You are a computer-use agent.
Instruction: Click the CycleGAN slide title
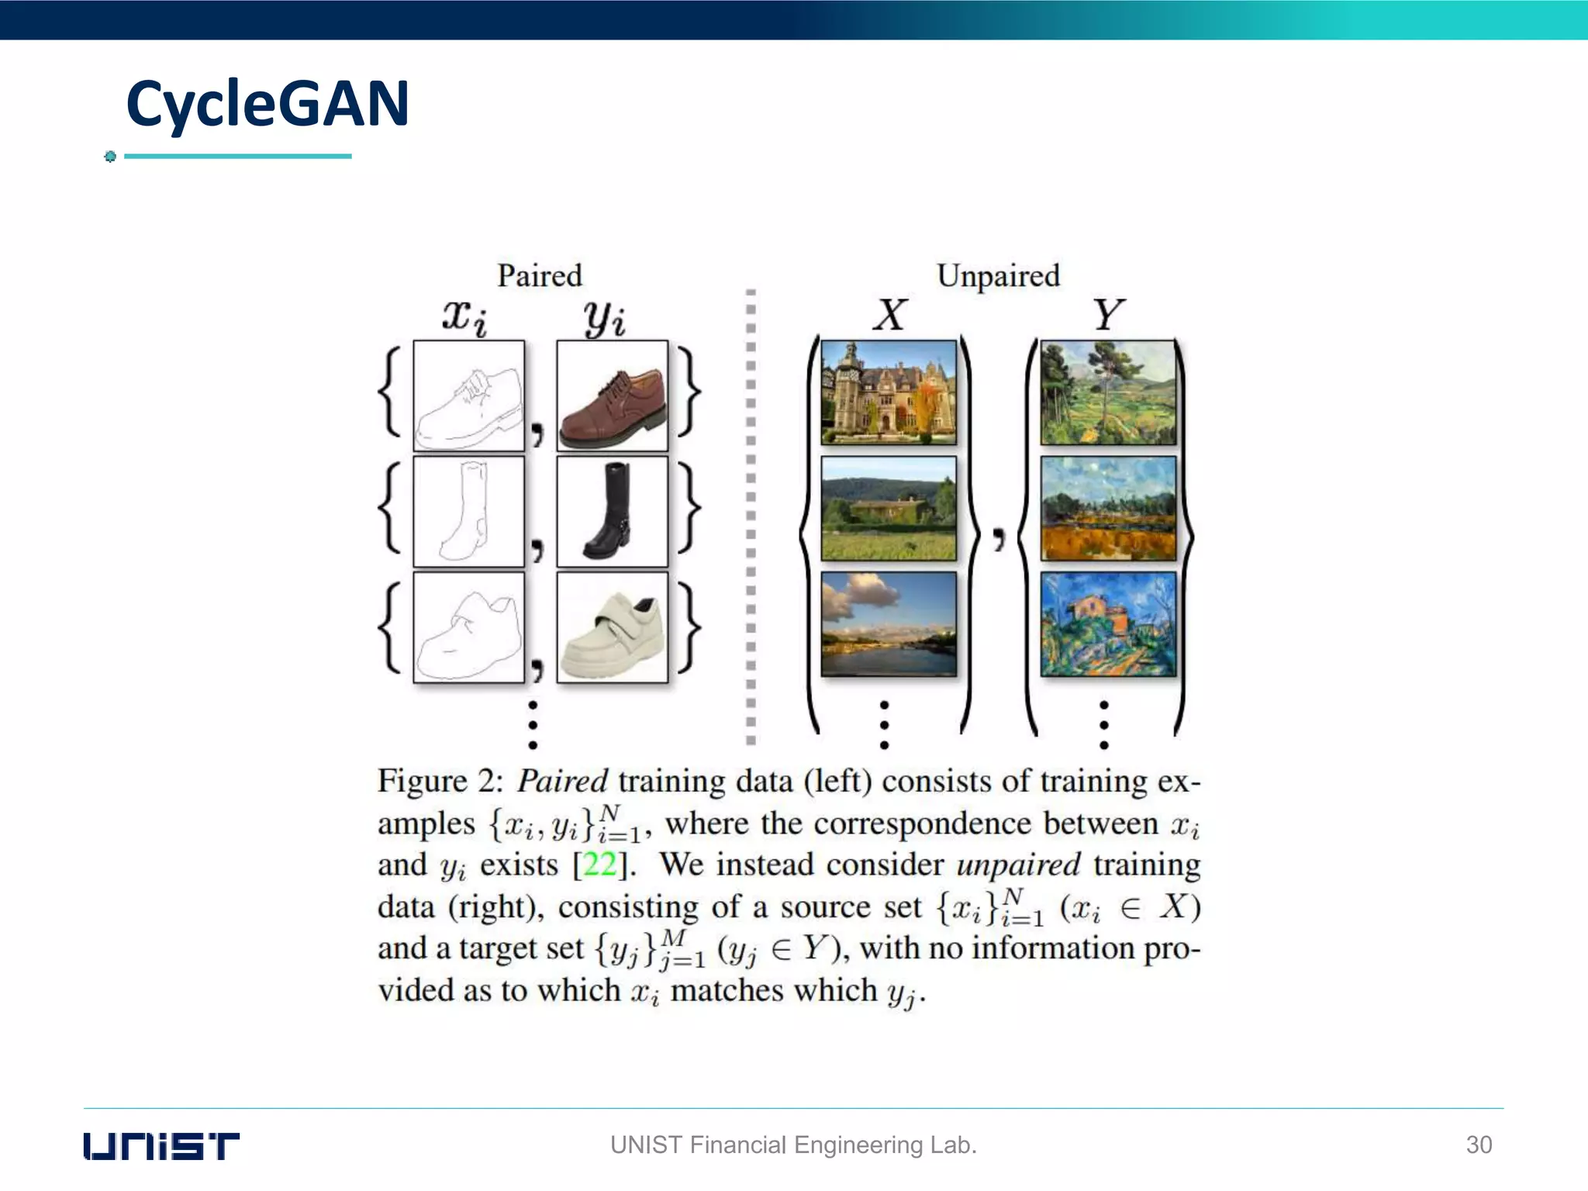[x=268, y=105]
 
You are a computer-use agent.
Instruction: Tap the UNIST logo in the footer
[x=161, y=1145]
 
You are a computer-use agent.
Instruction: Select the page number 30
[x=1479, y=1144]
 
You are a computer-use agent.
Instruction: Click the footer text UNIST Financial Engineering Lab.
[x=793, y=1144]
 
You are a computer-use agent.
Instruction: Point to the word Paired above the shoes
[x=540, y=276]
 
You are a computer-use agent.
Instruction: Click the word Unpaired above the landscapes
[x=998, y=276]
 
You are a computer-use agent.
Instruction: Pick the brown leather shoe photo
[x=612, y=396]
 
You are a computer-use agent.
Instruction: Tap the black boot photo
[x=612, y=512]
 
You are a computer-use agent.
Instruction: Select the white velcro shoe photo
[x=612, y=628]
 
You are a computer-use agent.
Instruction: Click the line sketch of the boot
[x=468, y=512]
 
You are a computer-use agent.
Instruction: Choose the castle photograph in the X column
[x=889, y=392]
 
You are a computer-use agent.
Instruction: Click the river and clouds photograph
[x=889, y=624]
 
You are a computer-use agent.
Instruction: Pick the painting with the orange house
[x=1108, y=624]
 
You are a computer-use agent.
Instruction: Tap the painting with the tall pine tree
[x=1108, y=392]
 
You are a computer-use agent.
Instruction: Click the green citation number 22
[x=599, y=865]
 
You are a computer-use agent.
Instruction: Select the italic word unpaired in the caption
[x=1018, y=865]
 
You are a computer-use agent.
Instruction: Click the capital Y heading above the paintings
[x=1108, y=316]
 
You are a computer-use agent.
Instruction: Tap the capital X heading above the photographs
[x=889, y=316]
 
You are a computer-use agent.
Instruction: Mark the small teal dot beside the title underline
[x=110, y=157]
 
